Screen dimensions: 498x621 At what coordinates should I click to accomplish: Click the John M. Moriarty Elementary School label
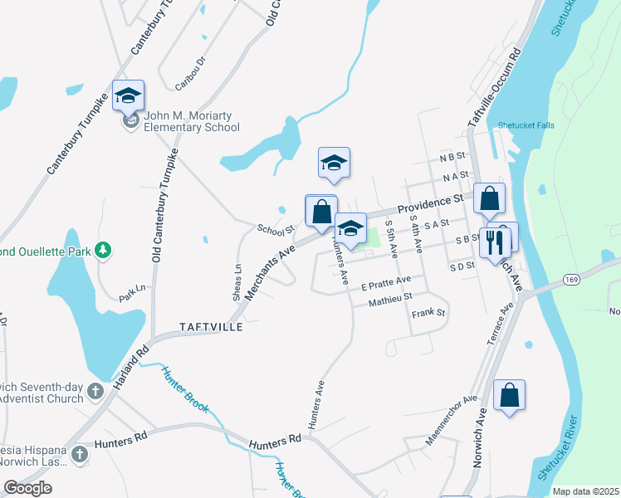(x=191, y=121)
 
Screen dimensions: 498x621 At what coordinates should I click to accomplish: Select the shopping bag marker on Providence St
(x=490, y=198)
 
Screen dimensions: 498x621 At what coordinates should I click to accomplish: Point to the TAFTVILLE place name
(x=211, y=327)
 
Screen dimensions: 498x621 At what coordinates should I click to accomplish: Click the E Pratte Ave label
(x=386, y=285)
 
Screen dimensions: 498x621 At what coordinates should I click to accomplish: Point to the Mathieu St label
(x=390, y=300)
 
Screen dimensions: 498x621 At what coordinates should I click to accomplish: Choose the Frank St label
(x=428, y=314)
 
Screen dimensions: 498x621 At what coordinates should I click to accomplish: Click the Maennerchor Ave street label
(x=452, y=421)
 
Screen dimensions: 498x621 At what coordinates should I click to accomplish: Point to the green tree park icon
(x=103, y=249)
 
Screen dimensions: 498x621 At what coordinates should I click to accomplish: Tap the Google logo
(x=27, y=488)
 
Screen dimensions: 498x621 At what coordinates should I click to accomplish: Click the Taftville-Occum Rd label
(x=494, y=87)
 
